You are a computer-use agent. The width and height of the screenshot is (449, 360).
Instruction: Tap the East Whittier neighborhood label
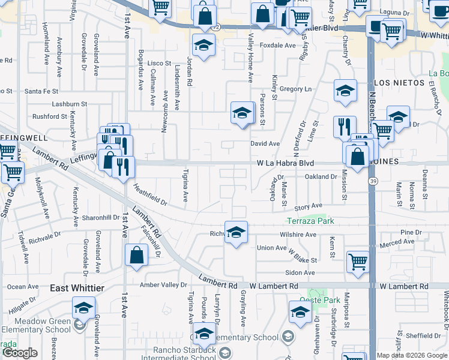[x=77, y=288]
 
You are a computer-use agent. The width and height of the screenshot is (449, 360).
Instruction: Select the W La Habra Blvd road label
[x=285, y=163]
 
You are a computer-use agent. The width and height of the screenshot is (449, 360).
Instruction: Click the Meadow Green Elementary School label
[x=42, y=325]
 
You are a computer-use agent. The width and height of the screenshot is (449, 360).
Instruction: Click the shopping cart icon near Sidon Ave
[x=358, y=262]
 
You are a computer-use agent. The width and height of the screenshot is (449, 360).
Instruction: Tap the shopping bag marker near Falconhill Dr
[x=137, y=255]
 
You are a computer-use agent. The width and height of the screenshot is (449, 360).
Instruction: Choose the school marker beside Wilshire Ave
[x=237, y=232]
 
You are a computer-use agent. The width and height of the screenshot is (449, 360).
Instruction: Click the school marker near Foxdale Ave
[x=204, y=45]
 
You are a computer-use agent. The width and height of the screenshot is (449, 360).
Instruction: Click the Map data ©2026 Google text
[x=412, y=355]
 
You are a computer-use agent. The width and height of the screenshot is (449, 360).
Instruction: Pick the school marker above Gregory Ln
[x=345, y=91]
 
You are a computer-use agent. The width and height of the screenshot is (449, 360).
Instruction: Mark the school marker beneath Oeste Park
[x=300, y=313]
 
